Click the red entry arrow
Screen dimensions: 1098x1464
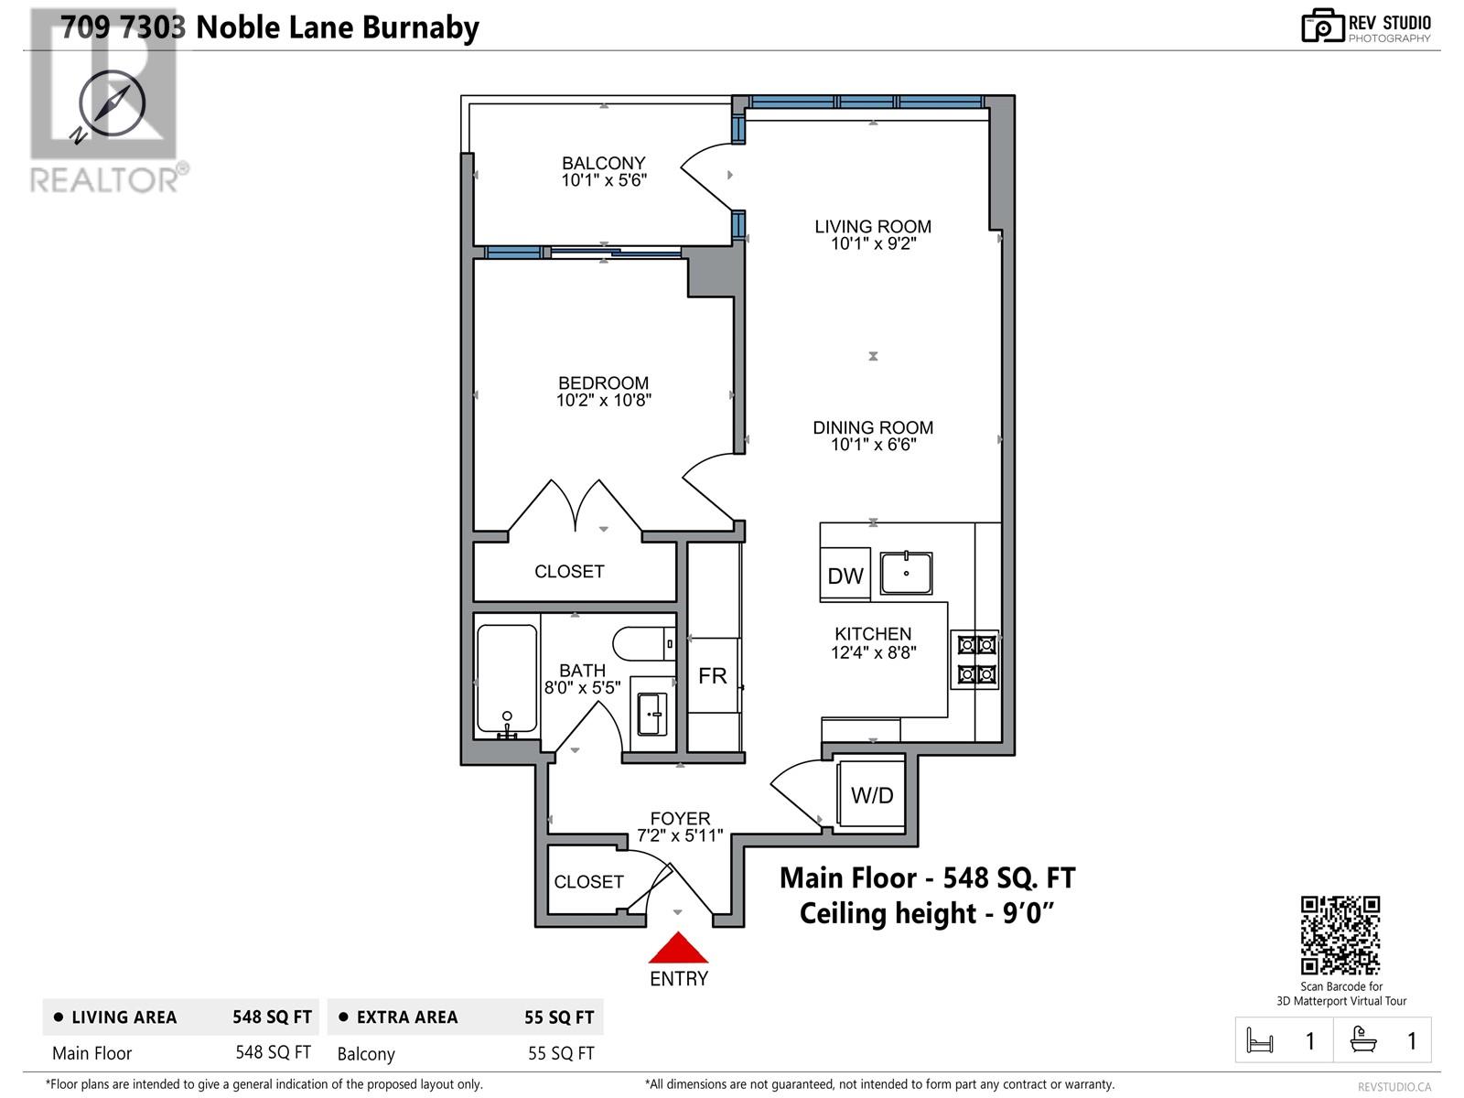(677, 948)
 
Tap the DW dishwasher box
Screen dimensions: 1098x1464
(845, 575)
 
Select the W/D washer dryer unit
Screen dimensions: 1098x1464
(871, 795)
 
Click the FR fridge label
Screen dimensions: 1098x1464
(712, 676)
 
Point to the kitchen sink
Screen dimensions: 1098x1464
(906, 574)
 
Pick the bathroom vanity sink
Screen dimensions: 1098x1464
(651, 713)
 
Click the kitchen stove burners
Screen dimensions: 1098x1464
(975, 660)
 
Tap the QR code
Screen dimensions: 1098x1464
(1340, 935)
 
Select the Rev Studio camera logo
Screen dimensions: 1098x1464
(1322, 27)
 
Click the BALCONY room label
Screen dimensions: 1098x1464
(603, 163)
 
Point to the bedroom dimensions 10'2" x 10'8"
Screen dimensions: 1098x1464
(603, 400)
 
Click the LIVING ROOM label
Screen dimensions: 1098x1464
(873, 226)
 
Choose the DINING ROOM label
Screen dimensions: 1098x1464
(873, 427)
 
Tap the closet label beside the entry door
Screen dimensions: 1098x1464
(588, 881)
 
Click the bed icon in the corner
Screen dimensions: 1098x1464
(1260, 1040)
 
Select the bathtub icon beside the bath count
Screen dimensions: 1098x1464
(1363, 1040)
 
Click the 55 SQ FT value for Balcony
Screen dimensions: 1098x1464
(561, 1053)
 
